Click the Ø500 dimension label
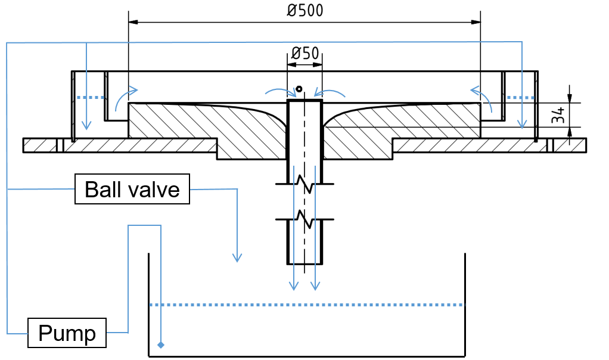(305, 11)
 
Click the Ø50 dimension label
(304, 53)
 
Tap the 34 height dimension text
(558, 115)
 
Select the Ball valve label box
(132, 190)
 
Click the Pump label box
(67, 333)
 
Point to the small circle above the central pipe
(299, 89)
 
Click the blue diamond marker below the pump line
(160, 345)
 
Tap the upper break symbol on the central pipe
(305, 184)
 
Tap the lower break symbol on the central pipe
(305, 219)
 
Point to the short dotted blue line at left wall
(91, 97)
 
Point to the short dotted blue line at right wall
(518, 97)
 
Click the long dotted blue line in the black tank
(306, 305)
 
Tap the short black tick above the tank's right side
(465, 264)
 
